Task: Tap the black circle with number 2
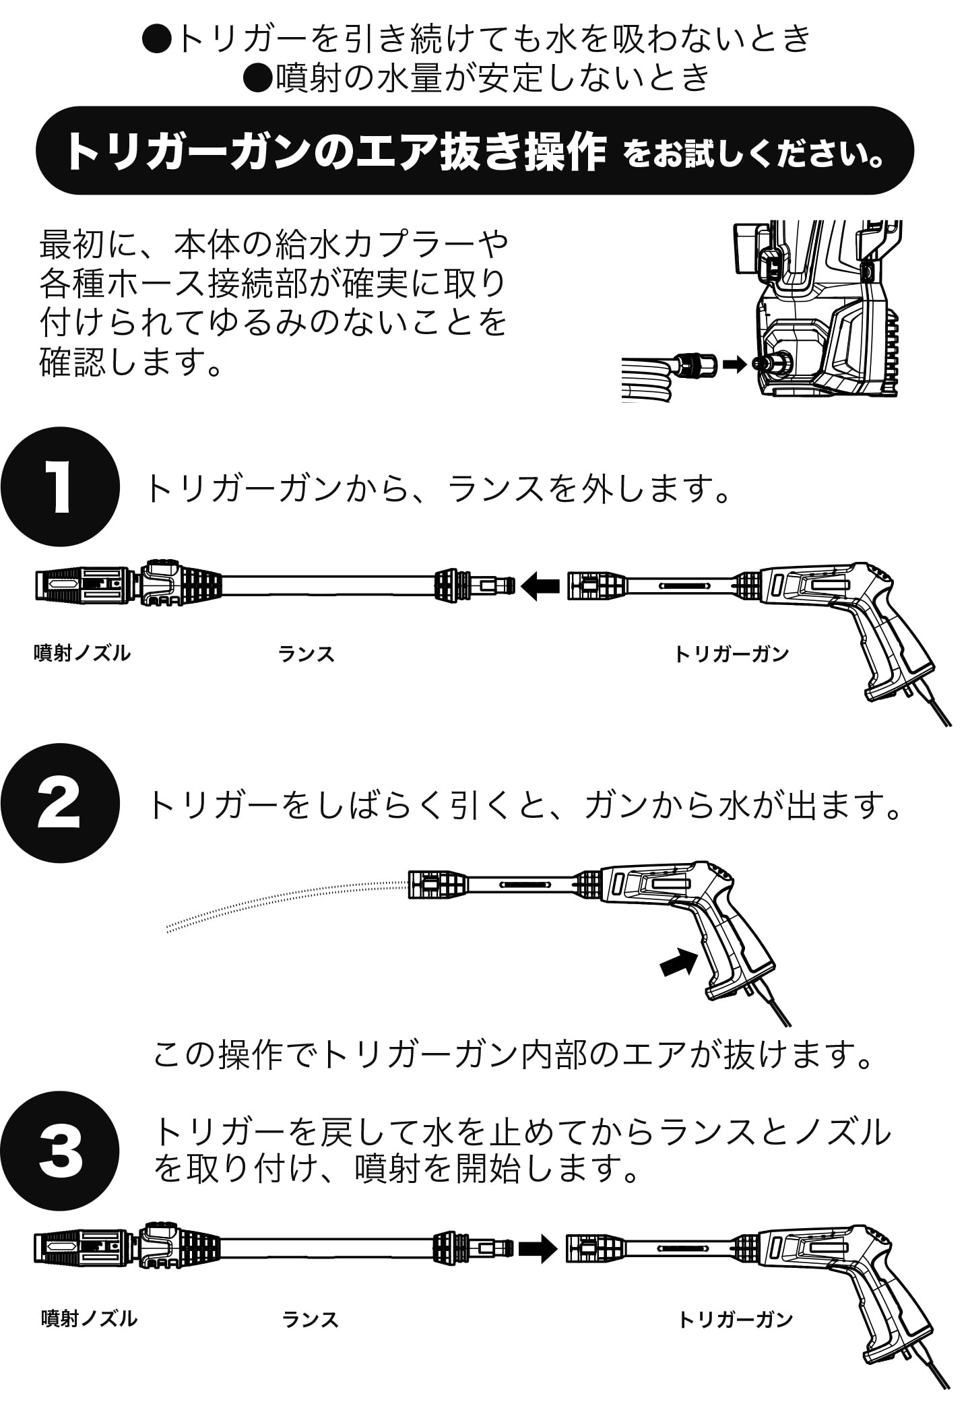tap(59, 803)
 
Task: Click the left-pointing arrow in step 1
tap(540, 585)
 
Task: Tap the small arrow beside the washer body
tap(735, 364)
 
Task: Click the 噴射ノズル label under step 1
tap(82, 653)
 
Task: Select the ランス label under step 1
tap(306, 653)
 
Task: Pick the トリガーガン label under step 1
tap(732, 653)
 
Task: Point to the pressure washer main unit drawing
tap(829, 310)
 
